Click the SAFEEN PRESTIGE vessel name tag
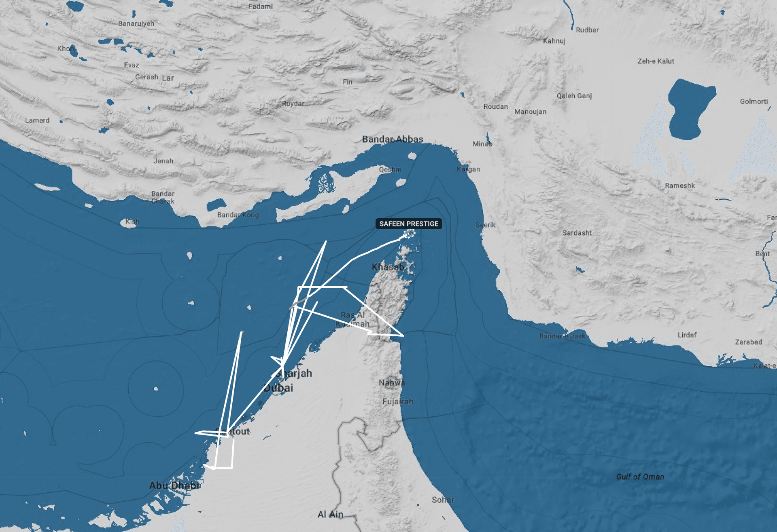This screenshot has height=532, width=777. coord(409,224)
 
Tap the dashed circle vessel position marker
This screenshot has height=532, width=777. coord(410,234)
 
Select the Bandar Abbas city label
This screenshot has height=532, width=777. coord(393,139)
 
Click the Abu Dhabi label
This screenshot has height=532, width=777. coord(174,485)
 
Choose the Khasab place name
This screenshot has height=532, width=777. coord(388,267)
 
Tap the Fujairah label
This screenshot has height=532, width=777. coord(398,401)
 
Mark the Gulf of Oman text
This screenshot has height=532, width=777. coord(640,477)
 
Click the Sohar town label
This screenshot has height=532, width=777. coord(443,500)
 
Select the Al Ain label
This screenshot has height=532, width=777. coord(330,514)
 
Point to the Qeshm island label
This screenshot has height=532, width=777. coord(390,169)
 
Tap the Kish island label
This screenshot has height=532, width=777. coord(132,222)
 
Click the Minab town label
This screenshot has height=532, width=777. coord(482,144)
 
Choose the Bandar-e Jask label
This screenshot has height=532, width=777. coord(562,336)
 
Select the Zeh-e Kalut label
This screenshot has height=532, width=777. coord(656,61)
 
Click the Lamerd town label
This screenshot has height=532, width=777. coord(37,120)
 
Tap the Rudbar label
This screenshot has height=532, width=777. coord(587,30)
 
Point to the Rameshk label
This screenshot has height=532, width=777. coord(679,186)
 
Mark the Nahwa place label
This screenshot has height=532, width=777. coord(392,382)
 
